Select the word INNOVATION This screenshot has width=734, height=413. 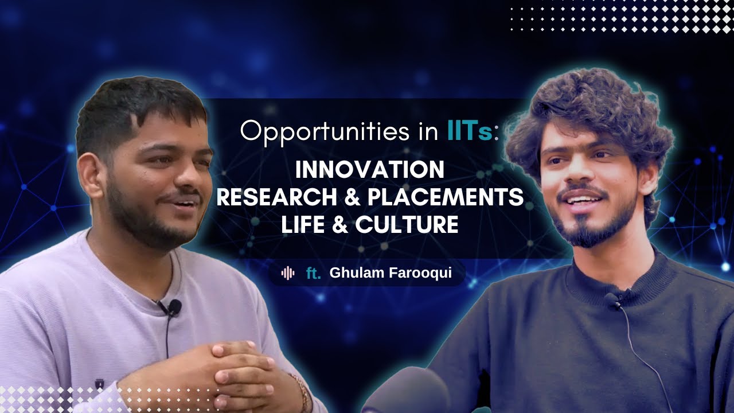tap(370, 170)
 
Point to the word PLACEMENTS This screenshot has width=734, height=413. tap(445, 197)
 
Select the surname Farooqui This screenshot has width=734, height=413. tap(420, 273)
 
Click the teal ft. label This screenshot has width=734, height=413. tap(313, 273)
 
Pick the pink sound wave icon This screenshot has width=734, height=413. tap(288, 273)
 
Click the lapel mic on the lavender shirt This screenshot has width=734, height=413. tap(173, 308)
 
